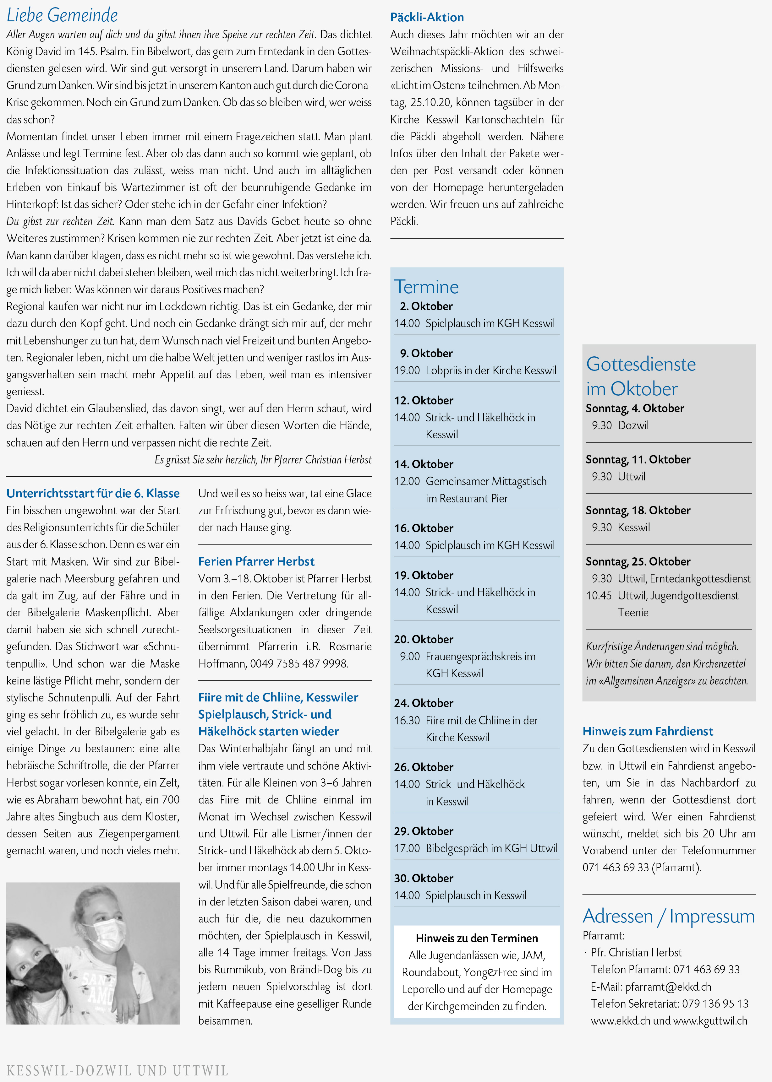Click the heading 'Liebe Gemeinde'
point(62,15)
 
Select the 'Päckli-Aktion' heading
point(427,18)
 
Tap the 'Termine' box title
point(426,287)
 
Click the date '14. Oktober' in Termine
point(424,464)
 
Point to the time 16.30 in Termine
point(407,720)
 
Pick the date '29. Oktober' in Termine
point(424,831)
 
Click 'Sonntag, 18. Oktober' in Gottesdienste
point(638,510)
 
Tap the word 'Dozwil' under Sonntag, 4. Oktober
point(633,425)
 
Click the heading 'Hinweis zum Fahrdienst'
point(648,731)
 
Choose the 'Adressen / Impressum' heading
point(668,916)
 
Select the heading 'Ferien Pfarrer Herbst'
point(256,561)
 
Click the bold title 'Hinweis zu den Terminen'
point(477,938)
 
